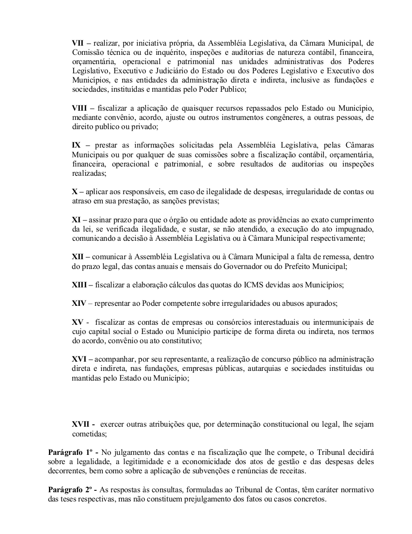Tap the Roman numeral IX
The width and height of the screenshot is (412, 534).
pos(77,145)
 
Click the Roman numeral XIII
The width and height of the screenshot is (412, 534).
pos(80,284)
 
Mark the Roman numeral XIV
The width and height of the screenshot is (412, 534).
pos(79,303)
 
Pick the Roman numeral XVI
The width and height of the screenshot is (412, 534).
pos(79,359)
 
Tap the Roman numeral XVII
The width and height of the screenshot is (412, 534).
pos(81,424)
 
